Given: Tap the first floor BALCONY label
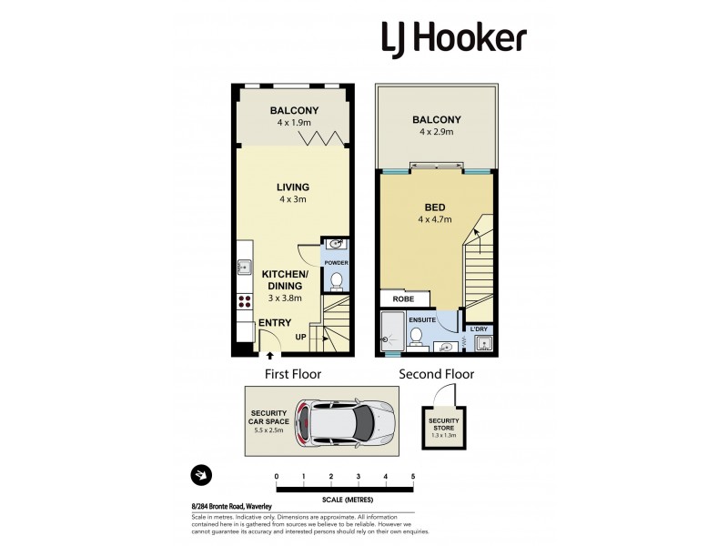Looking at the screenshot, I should [x=293, y=111].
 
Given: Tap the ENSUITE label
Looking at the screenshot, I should [x=422, y=320].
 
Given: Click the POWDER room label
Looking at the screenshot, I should [x=335, y=263].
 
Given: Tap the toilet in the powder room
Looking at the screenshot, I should [x=335, y=279].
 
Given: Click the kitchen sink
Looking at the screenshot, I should [x=244, y=268].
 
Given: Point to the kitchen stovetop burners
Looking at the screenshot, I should [x=244, y=303].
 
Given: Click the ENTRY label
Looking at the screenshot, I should [x=276, y=323].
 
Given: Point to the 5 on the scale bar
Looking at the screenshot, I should [x=413, y=477].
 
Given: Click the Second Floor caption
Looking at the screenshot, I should [x=436, y=374].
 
